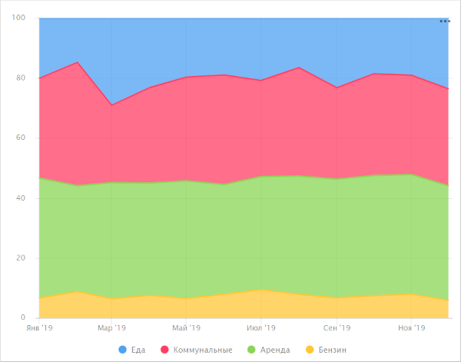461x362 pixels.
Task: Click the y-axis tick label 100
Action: (x=19, y=18)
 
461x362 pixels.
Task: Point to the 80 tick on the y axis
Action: (x=22, y=78)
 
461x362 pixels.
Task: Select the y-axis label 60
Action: (x=22, y=138)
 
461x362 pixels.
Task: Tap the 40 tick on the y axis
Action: (x=22, y=198)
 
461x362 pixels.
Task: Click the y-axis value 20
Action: (x=22, y=257)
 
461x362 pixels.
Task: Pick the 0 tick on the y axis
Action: (x=24, y=317)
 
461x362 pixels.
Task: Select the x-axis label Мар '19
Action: (x=111, y=328)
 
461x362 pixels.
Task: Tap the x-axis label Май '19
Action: (x=187, y=328)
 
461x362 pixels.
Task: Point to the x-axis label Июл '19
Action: (x=261, y=328)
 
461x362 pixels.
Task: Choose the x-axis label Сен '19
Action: (x=337, y=328)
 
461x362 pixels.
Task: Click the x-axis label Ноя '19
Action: (x=411, y=328)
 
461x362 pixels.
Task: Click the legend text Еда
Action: (x=138, y=350)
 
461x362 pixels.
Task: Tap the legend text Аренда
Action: (x=275, y=350)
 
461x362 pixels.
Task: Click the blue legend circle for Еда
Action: (x=123, y=350)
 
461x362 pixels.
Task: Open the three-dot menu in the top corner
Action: (x=445, y=22)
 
